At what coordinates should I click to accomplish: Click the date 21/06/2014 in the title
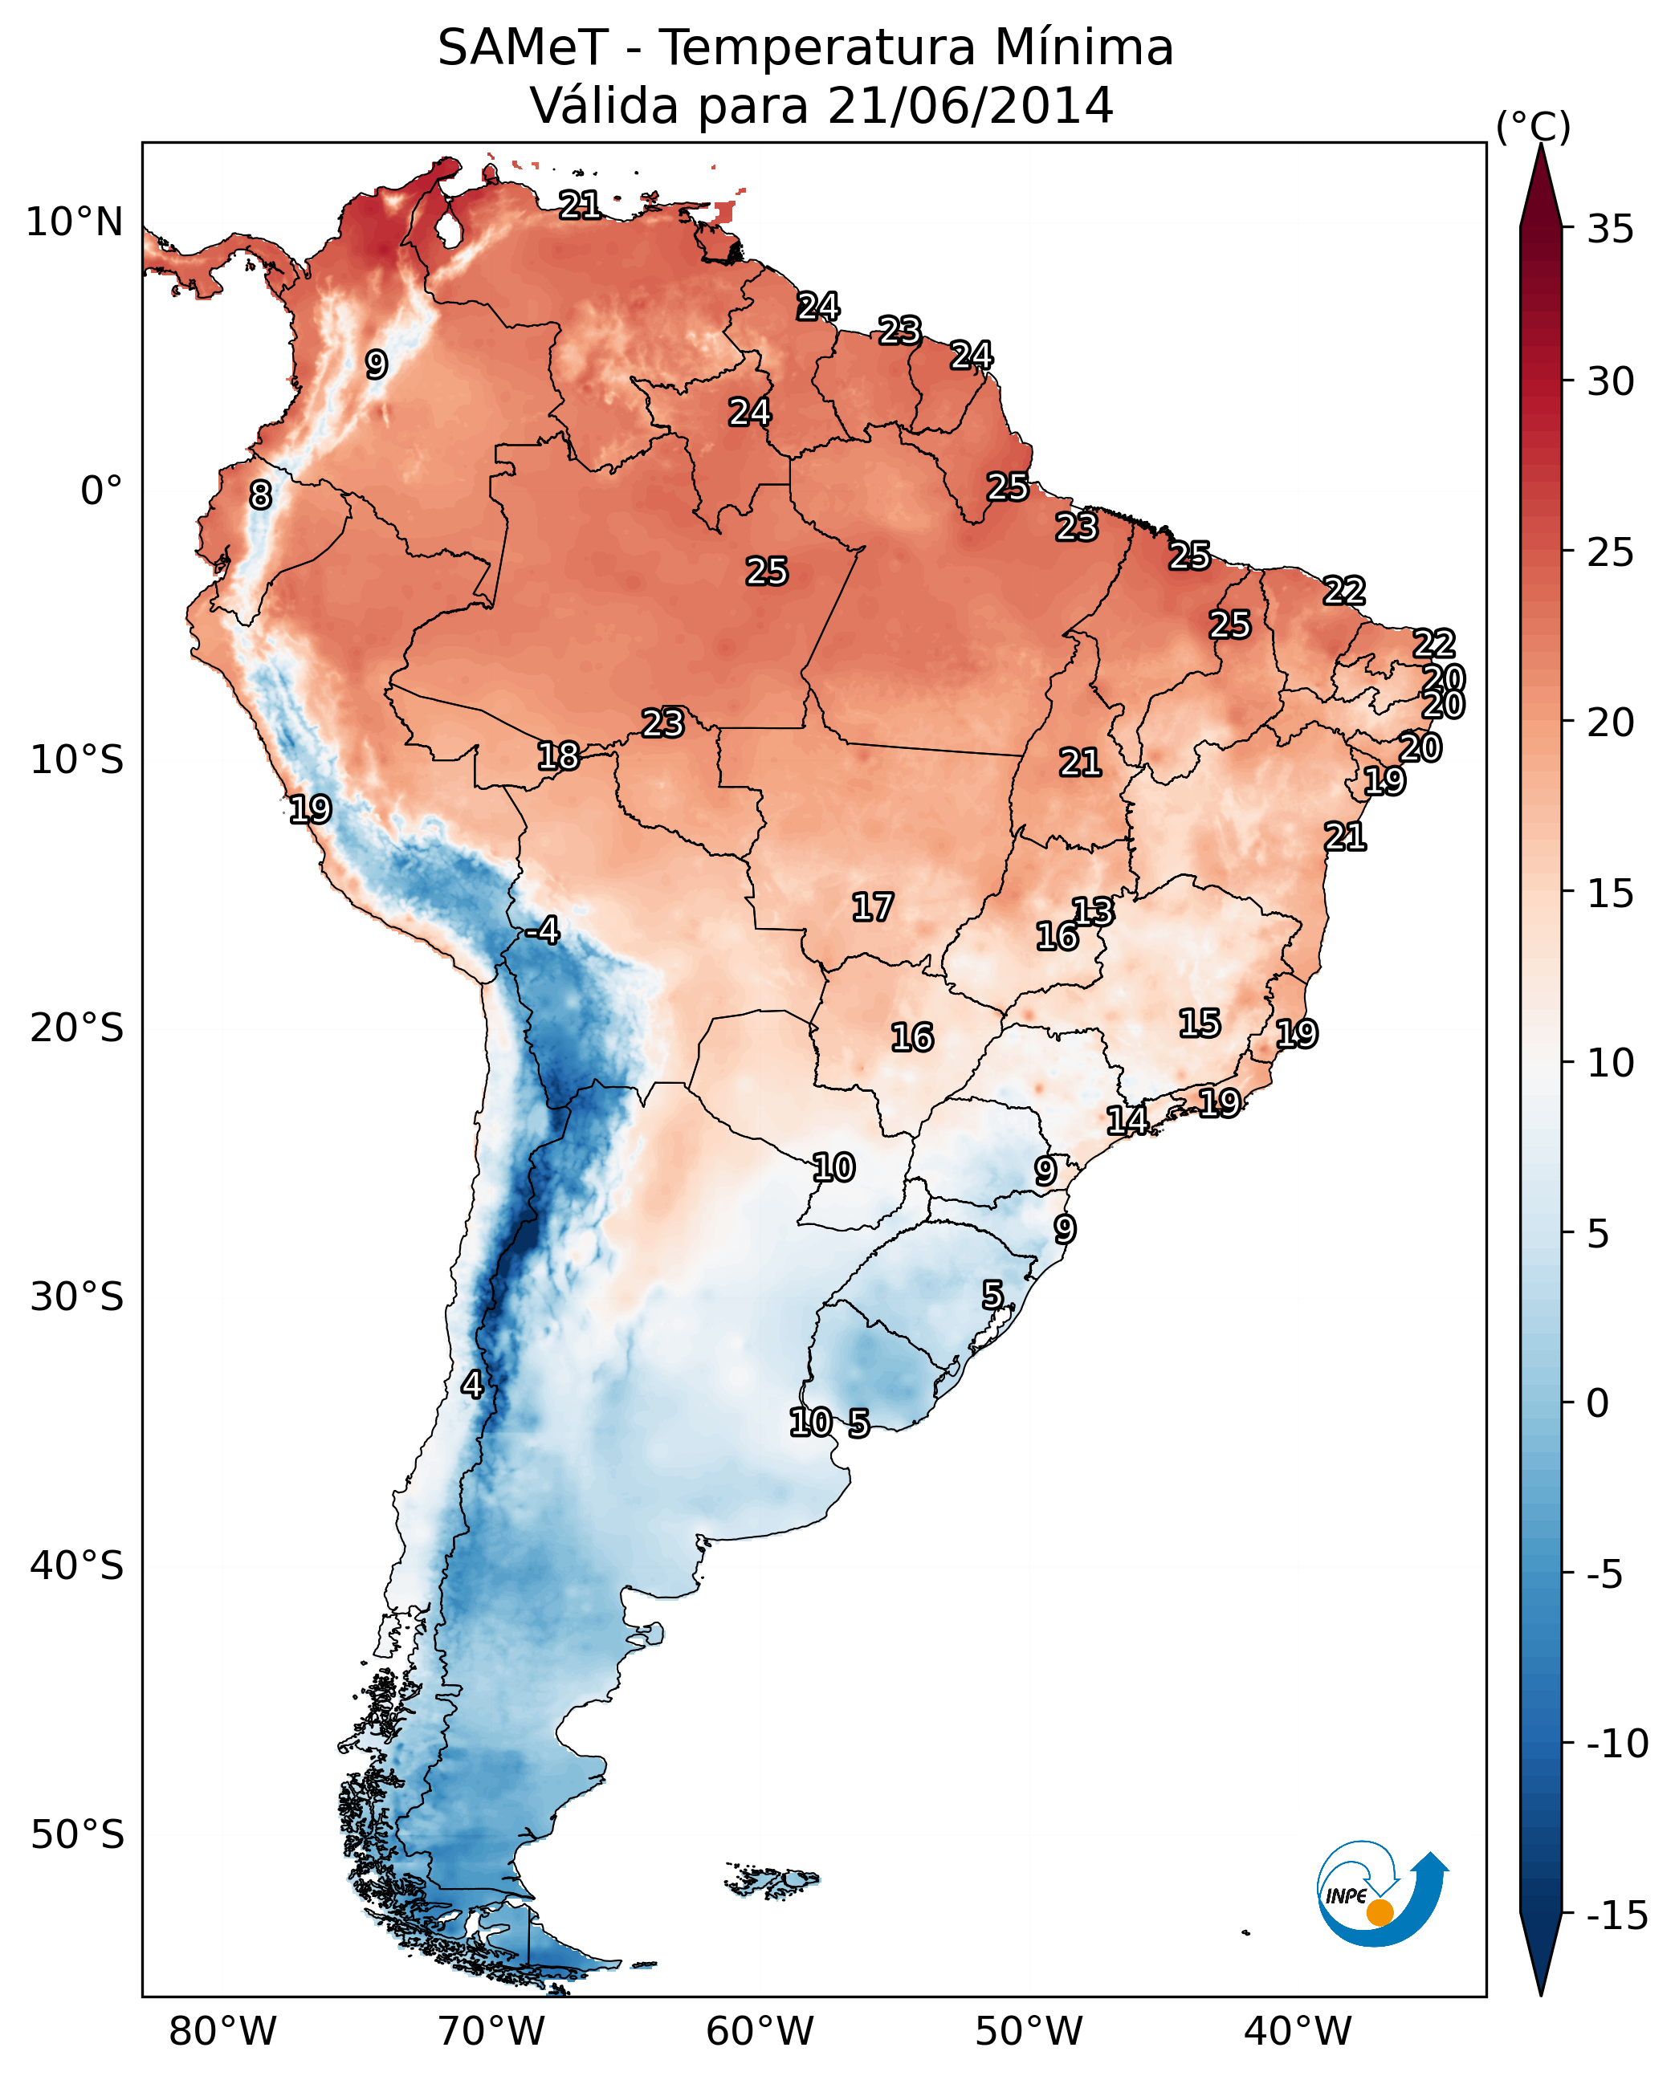(970, 105)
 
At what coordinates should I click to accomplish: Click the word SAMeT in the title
(523, 47)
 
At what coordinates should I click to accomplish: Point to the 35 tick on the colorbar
(1610, 230)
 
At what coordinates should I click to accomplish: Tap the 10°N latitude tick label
(75, 223)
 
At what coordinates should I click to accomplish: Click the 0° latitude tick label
(101, 491)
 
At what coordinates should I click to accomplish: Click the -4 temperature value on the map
(542, 931)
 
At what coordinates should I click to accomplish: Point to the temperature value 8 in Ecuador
(260, 495)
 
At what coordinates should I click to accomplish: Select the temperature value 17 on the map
(872, 907)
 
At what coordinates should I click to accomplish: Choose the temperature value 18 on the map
(558, 755)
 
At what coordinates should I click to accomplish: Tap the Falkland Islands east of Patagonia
(772, 1879)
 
